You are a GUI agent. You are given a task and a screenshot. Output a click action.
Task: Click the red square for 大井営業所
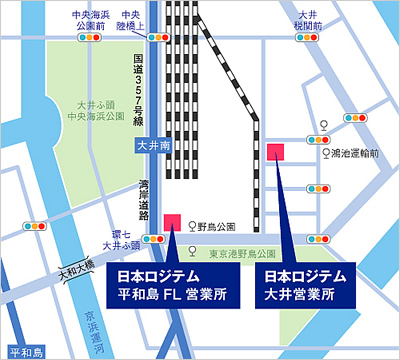[x=276, y=150]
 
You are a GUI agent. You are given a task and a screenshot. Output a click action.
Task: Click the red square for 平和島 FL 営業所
[x=172, y=220]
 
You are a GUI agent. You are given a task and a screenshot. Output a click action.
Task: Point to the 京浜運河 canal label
[x=89, y=314]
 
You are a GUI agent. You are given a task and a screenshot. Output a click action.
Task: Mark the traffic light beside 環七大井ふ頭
[x=153, y=239]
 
